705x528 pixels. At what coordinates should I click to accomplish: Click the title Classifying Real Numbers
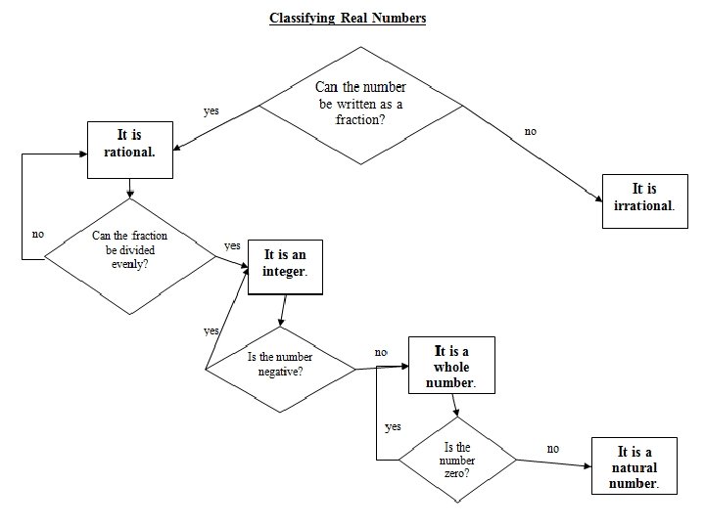coord(348,18)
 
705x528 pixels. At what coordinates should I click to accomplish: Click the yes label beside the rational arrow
coord(211,110)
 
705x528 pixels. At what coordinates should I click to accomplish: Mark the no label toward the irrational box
coord(531,131)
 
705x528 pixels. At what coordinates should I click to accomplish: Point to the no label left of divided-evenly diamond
coord(38,234)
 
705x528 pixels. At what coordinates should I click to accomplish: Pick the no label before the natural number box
coord(553,448)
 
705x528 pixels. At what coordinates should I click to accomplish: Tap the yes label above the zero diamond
coord(393,426)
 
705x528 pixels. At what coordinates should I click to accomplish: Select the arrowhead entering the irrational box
coord(599,198)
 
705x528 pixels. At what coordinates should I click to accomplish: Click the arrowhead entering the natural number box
coord(587,466)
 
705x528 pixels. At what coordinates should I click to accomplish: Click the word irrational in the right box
coord(644,205)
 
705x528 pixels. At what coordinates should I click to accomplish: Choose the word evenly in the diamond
coord(129,264)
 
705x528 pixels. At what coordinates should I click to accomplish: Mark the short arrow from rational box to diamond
coord(130,189)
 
